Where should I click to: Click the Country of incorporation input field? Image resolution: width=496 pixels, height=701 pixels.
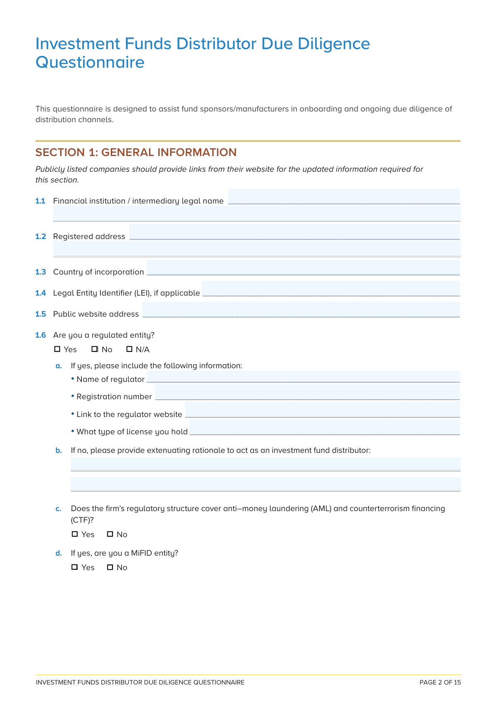303,268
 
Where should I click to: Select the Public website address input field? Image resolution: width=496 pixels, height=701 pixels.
301,310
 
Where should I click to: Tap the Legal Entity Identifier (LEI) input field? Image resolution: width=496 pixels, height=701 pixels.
331,289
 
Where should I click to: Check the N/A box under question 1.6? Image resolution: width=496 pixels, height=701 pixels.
129,349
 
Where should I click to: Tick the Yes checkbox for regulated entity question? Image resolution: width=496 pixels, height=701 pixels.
57,349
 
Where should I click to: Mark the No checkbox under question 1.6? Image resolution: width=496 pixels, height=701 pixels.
95,349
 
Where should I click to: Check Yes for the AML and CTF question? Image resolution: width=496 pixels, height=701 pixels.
75,534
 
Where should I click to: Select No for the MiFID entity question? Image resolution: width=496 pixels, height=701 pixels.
110,567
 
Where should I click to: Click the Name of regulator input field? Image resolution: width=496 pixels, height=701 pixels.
303,377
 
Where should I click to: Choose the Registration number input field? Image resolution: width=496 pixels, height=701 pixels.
307,393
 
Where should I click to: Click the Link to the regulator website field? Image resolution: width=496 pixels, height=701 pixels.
322,410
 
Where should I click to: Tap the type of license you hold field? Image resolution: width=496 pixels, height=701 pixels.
324,428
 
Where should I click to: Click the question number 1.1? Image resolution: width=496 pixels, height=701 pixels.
40,201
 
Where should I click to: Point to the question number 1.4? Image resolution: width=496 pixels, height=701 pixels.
41,293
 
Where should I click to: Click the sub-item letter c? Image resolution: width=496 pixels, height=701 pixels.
59,509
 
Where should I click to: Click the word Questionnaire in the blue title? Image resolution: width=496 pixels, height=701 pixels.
90,62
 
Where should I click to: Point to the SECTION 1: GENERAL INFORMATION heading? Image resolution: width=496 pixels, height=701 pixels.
136,152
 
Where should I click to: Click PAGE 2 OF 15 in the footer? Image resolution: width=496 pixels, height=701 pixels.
440,682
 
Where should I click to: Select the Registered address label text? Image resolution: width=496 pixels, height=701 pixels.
89,237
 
